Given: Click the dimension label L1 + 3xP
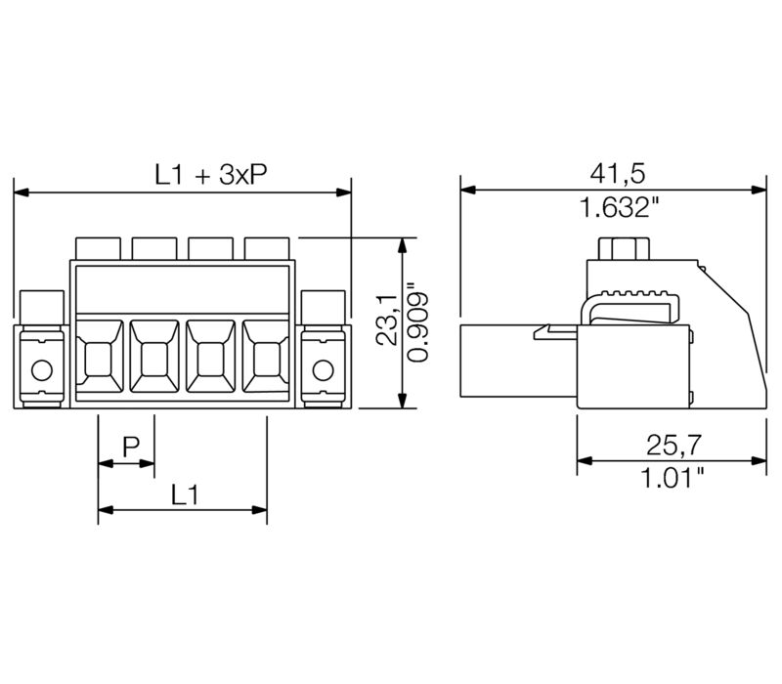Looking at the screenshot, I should (x=211, y=175).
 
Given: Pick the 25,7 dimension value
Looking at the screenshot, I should (x=673, y=445).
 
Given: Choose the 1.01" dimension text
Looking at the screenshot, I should (x=673, y=478).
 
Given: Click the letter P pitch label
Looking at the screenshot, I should (x=130, y=448).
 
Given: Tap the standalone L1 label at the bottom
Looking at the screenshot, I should (x=185, y=494).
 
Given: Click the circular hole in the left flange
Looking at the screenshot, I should (x=41, y=369).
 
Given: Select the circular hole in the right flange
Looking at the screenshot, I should (x=324, y=369).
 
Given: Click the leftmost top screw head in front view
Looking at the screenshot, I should (x=98, y=247).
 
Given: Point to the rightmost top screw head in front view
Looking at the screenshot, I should (x=267, y=247).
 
